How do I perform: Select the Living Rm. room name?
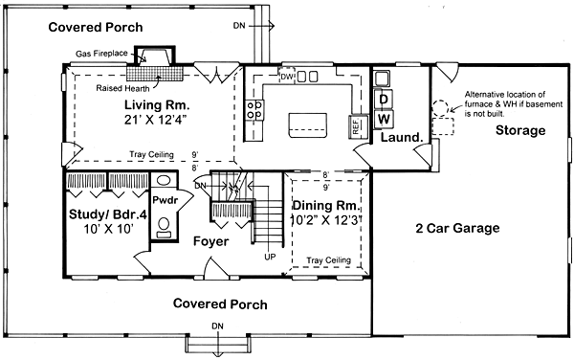157,103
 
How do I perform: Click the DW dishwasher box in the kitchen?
286,75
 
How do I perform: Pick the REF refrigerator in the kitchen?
356,124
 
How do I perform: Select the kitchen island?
306,121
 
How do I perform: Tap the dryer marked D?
383,99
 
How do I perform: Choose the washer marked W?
383,118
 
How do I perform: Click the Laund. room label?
402,138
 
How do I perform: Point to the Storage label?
521,129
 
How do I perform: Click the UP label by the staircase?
270,257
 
